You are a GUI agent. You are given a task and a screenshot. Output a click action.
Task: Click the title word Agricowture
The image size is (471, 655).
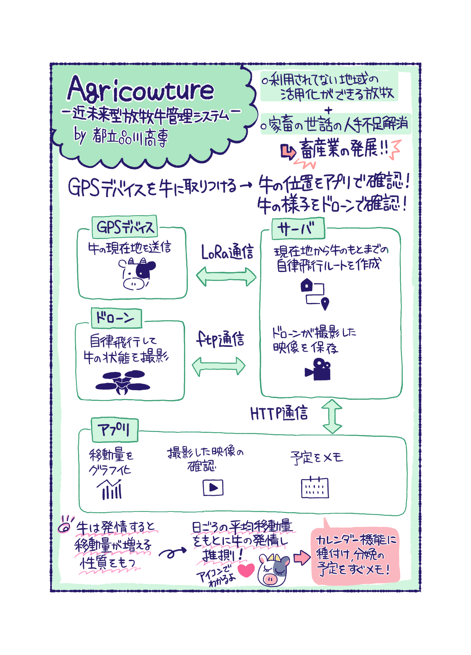tap(140, 89)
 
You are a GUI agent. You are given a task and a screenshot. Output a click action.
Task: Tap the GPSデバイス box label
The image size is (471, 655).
tap(125, 227)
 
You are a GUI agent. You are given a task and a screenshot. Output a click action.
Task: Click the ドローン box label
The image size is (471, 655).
tap(116, 318)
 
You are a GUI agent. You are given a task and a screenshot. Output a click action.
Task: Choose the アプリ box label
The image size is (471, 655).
tap(114, 430)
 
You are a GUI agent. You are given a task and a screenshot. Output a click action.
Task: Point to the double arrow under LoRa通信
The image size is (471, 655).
tap(226, 277)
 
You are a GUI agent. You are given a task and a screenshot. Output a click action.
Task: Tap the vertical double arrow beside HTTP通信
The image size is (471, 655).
tap(332, 416)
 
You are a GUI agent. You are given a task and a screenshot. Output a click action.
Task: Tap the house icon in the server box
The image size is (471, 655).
tap(306, 285)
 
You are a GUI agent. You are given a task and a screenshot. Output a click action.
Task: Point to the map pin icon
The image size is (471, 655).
tap(325, 304)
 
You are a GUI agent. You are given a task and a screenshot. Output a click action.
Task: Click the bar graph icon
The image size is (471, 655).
tap(110, 489)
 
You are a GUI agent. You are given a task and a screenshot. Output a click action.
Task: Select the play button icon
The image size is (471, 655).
tap(213, 487)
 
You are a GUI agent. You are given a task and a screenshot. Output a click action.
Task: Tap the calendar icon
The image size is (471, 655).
tap(315, 487)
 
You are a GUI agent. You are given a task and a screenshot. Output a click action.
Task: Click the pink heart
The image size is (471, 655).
tap(246, 570)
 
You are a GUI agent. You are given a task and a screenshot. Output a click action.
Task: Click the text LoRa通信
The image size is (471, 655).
tap(227, 252)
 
